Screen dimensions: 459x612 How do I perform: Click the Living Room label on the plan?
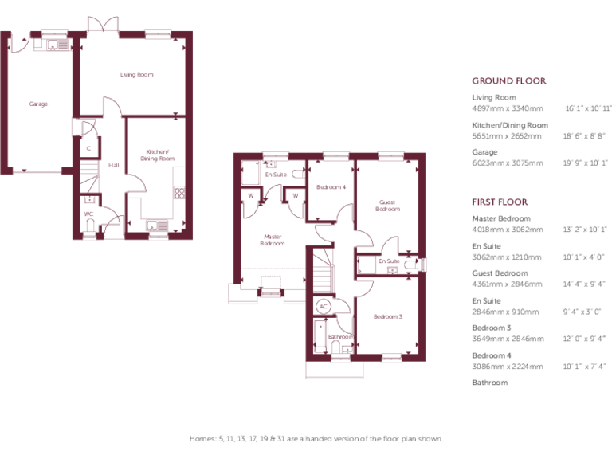[x=136, y=75]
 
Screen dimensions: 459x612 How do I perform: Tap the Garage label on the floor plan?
[x=38, y=104]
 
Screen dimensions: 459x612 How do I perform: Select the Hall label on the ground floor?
[x=114, y=166]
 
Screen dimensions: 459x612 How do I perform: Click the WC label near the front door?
[x=88, y=214]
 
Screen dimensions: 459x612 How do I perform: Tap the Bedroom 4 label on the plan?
[x=331, y=187]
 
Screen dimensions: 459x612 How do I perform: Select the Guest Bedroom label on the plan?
[x=387, y=206]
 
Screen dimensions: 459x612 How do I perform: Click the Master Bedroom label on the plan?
[x=273, y=240]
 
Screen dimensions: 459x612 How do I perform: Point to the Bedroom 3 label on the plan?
[x=387, y=316]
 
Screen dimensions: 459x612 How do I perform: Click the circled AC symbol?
[x=324, y=306]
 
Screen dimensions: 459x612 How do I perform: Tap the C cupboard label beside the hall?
[x=88, y=149]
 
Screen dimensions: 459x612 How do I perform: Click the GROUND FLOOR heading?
[x=508, y=81]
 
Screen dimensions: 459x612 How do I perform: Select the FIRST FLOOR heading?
[x=500, y=202]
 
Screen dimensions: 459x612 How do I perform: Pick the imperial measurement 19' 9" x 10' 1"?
[x=585, y=163]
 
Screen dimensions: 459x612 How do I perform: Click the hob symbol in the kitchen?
[x=179, y=192]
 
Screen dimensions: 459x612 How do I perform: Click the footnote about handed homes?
[x=316, y=439]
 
